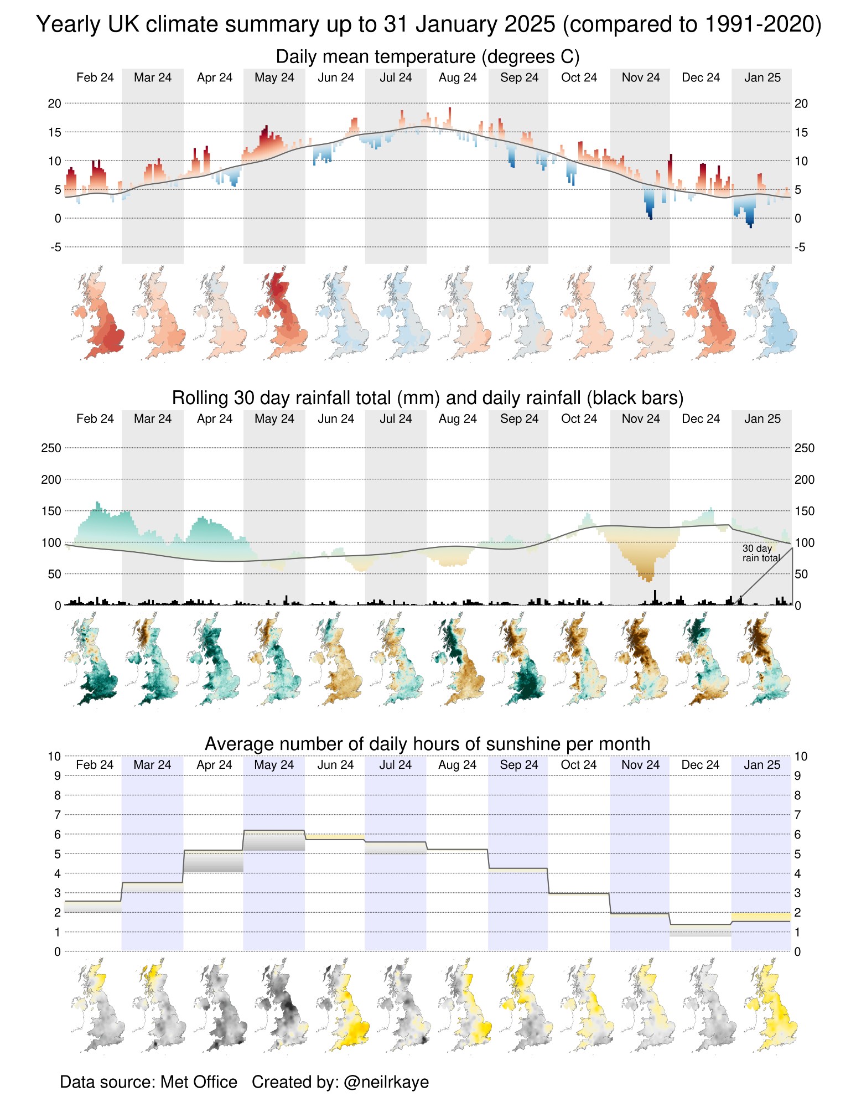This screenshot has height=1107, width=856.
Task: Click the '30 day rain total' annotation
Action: click(x=761, y=553)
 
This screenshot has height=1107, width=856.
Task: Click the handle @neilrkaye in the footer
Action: click(x=386, y=1082)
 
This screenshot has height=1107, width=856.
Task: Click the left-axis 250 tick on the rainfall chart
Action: click(x=51, y=448)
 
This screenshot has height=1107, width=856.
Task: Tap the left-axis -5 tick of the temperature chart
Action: click(x=56, y=247)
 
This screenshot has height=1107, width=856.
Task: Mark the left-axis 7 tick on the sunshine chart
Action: click(x=58, y=815)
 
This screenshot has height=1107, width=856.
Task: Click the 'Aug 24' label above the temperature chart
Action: click(x=458, y=77)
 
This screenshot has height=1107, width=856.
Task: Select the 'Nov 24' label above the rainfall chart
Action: click(x=641, y=418)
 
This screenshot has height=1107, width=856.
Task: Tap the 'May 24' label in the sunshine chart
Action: click(x=274, y=765)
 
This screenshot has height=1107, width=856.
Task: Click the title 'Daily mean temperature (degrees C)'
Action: click(x=427, y=57)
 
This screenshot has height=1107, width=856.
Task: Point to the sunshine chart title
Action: click(x=427, y=744)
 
